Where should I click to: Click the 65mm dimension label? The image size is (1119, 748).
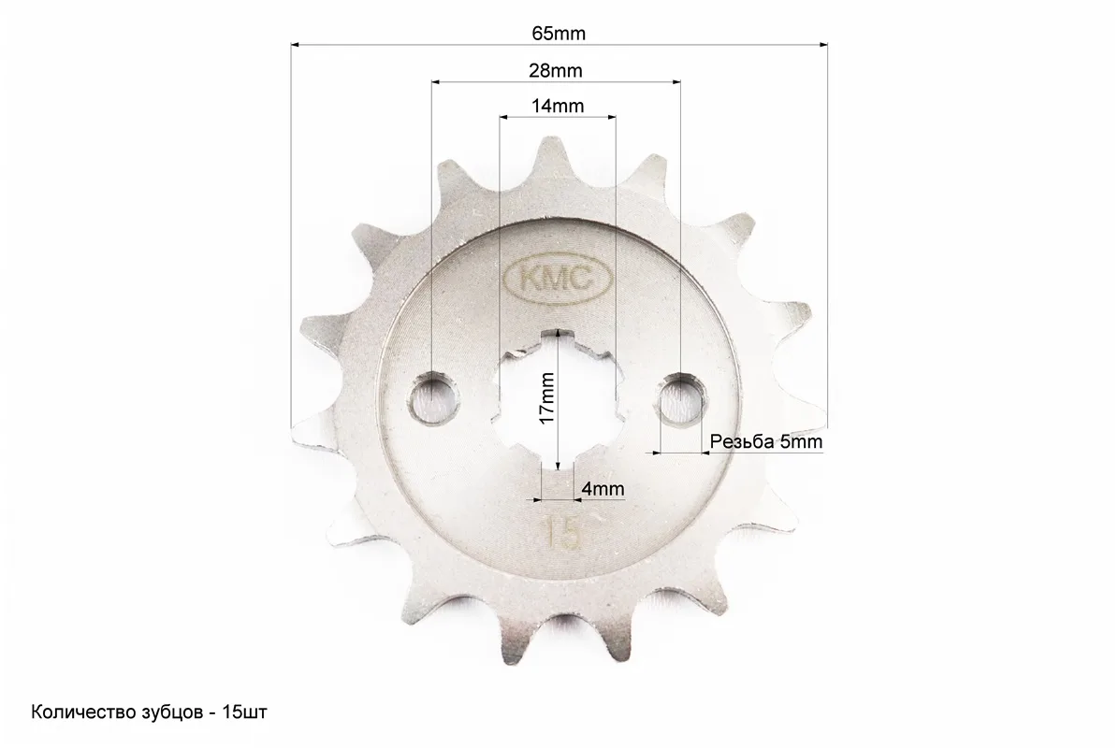point(558,34)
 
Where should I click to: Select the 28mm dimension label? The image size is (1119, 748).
point(555,71)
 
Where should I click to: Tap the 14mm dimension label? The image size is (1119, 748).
point(558,107)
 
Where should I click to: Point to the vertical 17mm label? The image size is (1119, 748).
point(547,398)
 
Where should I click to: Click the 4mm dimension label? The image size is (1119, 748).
point(603,488)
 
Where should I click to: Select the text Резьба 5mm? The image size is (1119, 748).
point(765,442)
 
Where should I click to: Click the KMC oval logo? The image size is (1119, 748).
point(558,279)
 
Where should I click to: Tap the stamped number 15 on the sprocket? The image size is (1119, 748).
point(561,532)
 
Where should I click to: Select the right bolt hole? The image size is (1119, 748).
point(681,399)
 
